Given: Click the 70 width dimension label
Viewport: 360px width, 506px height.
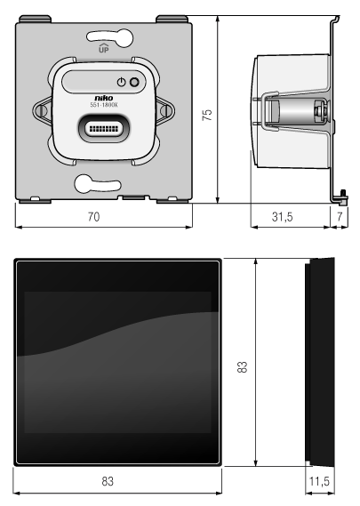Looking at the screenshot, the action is coord(93,216).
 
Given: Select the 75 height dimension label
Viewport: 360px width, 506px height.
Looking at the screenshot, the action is coord(207,115).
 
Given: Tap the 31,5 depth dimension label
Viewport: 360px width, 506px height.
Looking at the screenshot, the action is coord(283,216).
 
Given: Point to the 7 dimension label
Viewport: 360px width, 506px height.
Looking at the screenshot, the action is coord(340,216).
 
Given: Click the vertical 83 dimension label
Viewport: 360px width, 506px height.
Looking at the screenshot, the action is coord(242,367).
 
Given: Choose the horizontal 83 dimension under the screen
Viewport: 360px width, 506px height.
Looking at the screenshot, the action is coord(108,481).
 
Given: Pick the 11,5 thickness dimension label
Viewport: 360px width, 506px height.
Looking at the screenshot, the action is coord(319,481).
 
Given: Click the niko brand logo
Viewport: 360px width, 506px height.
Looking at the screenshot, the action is coord(104,98).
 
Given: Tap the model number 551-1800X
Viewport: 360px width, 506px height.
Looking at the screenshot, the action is coord(104,105).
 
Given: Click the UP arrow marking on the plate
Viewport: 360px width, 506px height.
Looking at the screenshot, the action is coord(103,48).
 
